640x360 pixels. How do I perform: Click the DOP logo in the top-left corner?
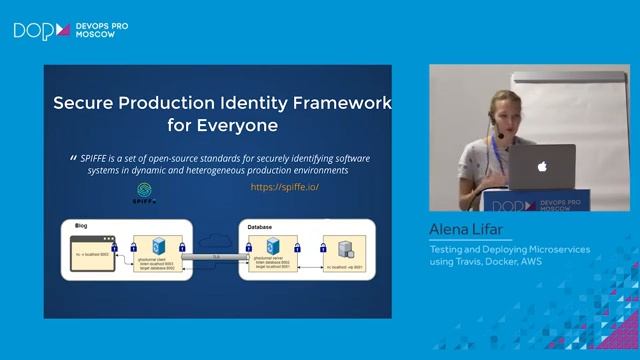(36, 31)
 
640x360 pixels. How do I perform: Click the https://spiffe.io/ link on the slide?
(285, 187)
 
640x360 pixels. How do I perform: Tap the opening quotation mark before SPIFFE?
(72, 159)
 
